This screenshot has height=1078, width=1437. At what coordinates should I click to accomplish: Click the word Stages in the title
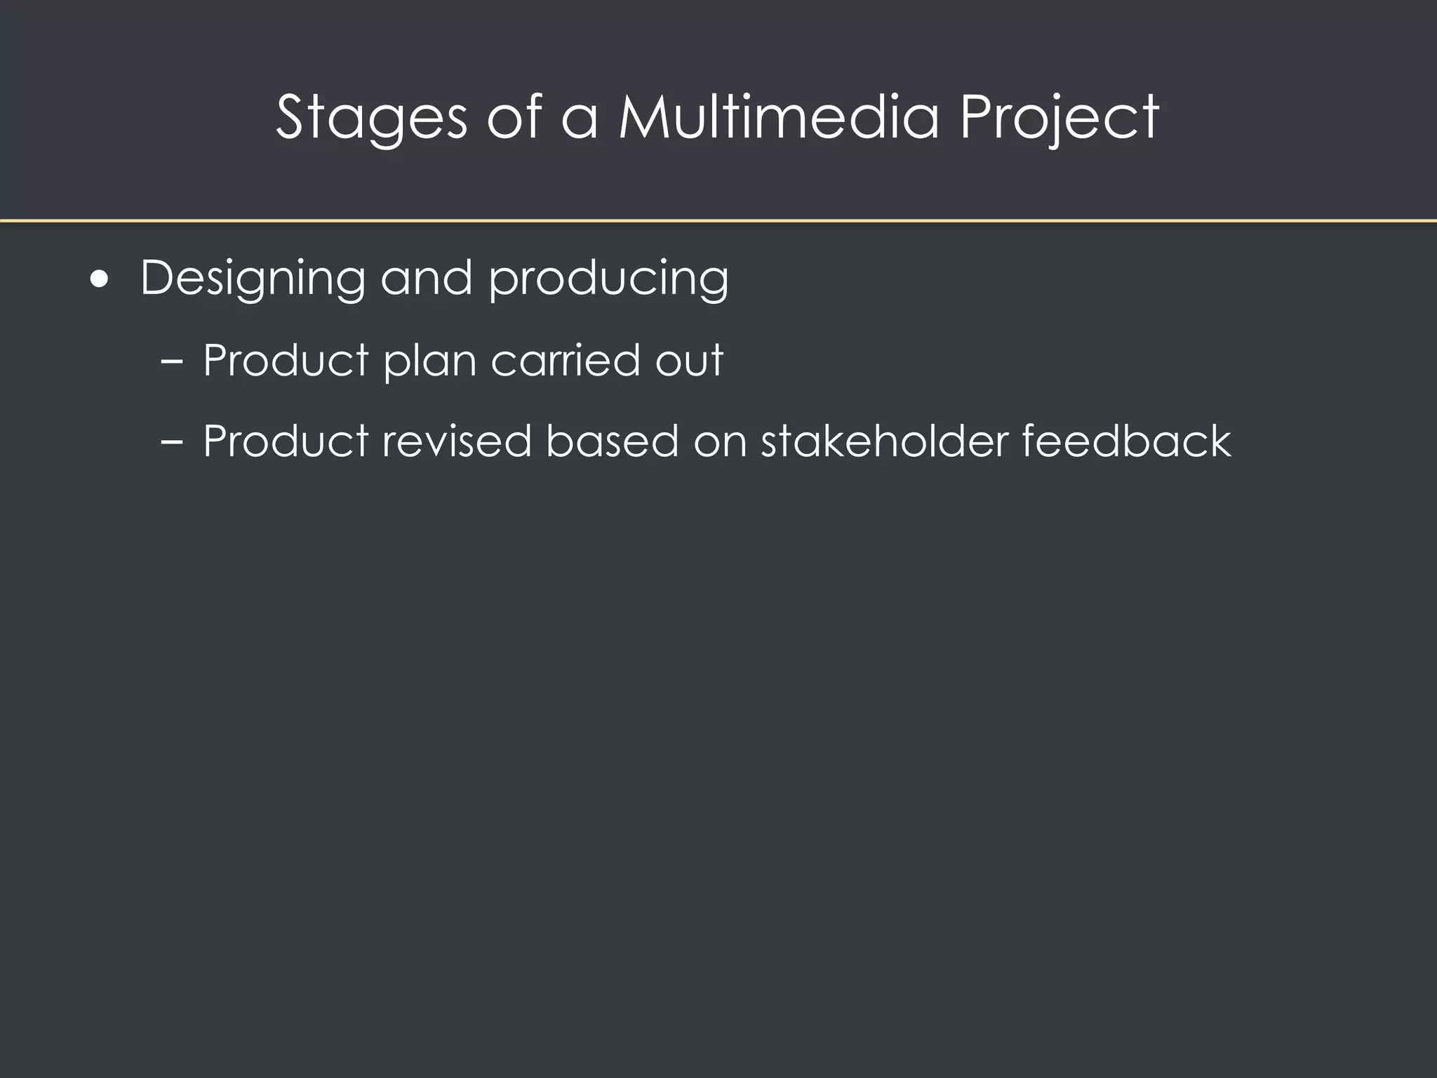(371, 118)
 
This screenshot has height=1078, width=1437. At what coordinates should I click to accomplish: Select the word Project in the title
(1059, 118)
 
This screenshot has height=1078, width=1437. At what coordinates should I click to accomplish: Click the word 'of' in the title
(514, 117)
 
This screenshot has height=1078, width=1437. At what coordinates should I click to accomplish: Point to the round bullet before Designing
(100, 280)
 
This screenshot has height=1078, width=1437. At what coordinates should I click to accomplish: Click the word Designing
(253, 279)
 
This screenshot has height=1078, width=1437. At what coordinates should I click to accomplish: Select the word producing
(608, 279)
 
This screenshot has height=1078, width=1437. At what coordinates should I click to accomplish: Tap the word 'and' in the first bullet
(427, 278)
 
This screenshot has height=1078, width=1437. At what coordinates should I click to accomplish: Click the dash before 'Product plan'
(171, 361)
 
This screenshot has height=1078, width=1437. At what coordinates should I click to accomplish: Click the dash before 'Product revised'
(171, 443)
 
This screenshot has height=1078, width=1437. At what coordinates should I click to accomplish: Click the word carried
(566, 360)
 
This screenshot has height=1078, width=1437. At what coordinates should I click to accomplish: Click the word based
(612, 441)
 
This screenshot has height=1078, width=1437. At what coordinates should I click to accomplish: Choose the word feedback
(1125, 441)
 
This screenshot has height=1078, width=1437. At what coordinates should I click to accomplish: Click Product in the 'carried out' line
(286, 360)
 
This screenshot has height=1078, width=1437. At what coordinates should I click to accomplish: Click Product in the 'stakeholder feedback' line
(286, 441)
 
